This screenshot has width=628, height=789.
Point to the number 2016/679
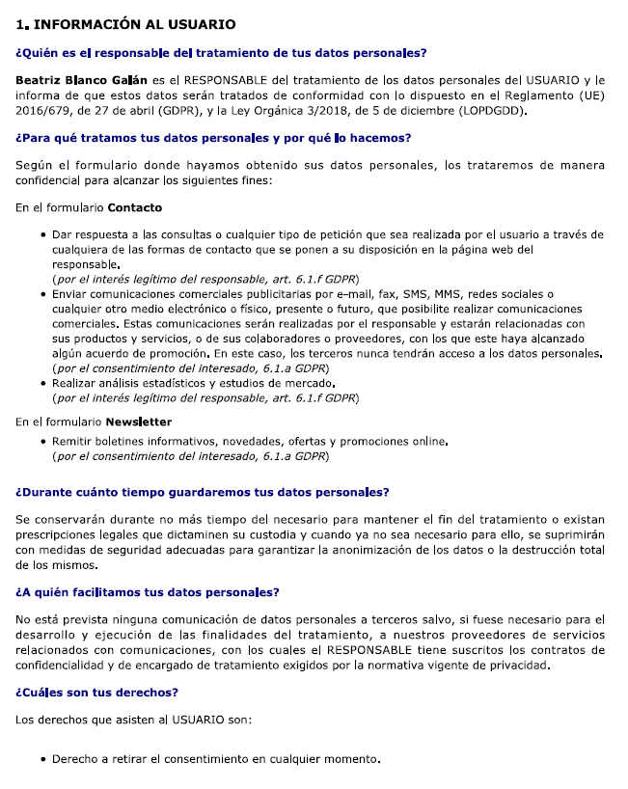[x=42, y=111]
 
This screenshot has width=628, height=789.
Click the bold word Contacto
[x=135, y=207]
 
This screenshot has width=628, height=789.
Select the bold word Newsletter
[x=139, y=422]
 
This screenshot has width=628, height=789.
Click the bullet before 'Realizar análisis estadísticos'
[x=44, y=384]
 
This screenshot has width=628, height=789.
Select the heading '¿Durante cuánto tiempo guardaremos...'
[x=203, y=492]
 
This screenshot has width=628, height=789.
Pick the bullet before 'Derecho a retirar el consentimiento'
[x=44, y=759]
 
